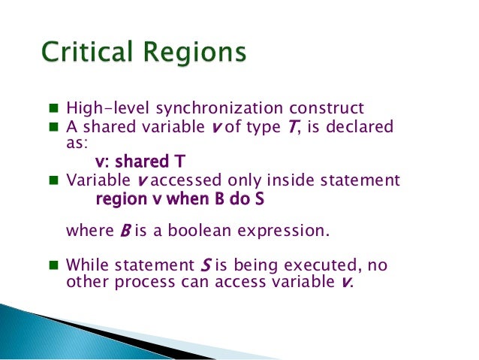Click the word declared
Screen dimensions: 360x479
(x=361, y=127)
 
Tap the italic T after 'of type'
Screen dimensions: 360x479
(x=283, y=127)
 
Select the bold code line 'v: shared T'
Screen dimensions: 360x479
(x=140, y=162)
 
